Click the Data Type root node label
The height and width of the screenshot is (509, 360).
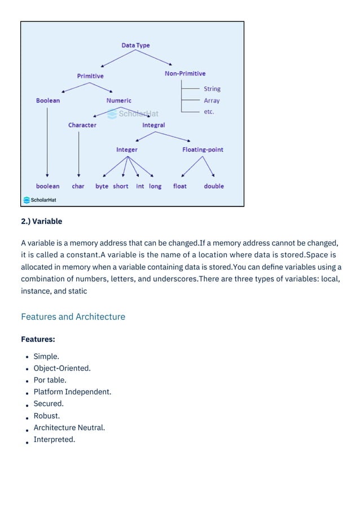[x=135, y=45]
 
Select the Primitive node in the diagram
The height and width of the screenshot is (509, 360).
[x=90, y=76]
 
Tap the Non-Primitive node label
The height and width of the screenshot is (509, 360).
[x=185, y=73]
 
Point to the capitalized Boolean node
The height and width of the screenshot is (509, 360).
[x=48, y=100]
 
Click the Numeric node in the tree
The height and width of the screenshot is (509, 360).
[x=118, y=100]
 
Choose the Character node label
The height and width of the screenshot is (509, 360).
[x=82, y=125]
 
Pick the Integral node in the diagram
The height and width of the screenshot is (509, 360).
[x=153, y=125]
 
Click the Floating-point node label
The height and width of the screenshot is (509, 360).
[x=203, y=150]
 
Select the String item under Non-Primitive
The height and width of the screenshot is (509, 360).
[x=212, y=89]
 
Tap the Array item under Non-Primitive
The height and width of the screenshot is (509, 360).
[x=212, y=100]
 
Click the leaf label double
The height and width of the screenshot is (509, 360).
[x=214, y=186]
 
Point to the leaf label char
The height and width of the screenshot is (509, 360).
[x=78, y=186]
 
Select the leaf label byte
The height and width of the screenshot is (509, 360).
[x=102, y=186]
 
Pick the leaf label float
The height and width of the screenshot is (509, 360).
[x=180, y=186]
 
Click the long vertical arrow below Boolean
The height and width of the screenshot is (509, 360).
[x=47, y=141]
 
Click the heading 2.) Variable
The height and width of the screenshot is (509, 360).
[x=42, y=221]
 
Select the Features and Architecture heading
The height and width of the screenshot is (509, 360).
[x=73, y=317]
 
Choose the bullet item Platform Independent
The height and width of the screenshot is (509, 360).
[x=72, y=392]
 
